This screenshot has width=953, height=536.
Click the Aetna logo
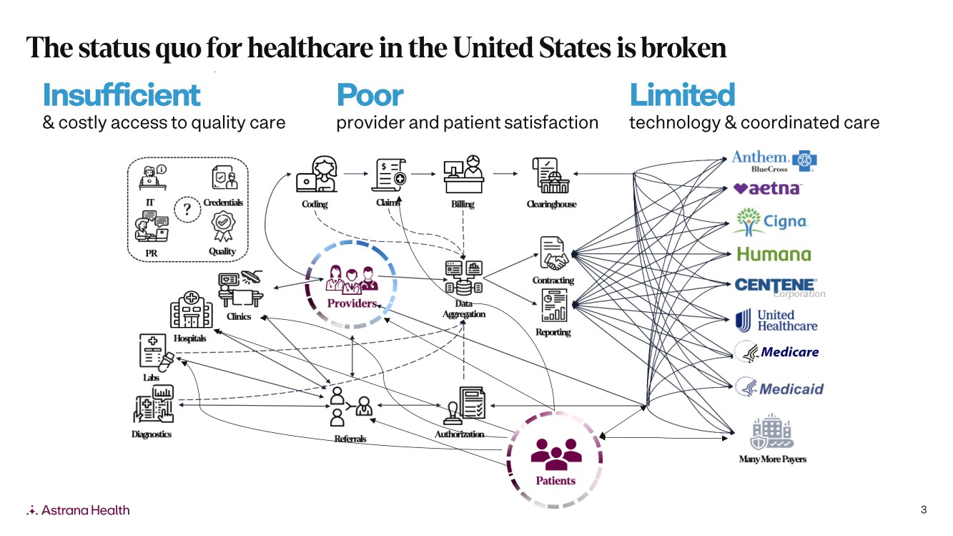click(x=768, y=189)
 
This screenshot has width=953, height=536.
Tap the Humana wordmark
click(x=774, y=254)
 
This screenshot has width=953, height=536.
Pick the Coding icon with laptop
click(x=316, y=174)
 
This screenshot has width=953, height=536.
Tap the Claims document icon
click(x=389, y=175)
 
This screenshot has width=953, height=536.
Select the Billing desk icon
click(x=463, y=174)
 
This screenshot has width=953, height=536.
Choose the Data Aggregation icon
click(x=463, y=278)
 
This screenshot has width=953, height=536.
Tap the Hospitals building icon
click(x=191, y=311)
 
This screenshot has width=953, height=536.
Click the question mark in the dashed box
click(x=187, y=208)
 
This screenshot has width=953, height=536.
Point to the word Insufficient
click(x=122, y=95)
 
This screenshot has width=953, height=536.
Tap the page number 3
click(x=924, y=510)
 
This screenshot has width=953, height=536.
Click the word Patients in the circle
click(x=555, y=480)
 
